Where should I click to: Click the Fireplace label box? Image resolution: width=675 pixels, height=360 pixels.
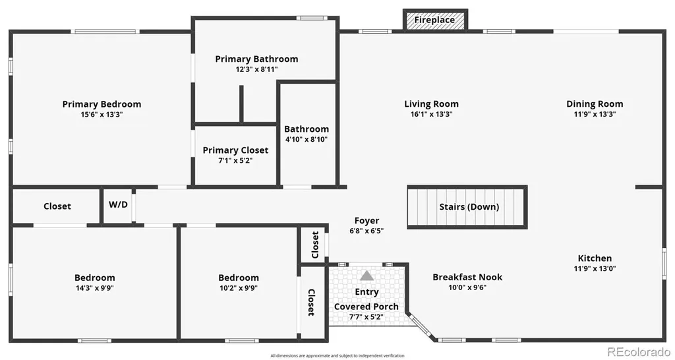tap(435, 20)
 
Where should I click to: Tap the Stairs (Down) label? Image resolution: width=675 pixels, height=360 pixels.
tap(469, 206)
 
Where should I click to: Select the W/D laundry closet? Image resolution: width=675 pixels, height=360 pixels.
tap(117, 206)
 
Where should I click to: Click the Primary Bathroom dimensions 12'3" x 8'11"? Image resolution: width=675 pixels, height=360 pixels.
tap(256, 69)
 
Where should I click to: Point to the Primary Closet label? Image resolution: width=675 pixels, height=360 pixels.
tap(235, 150)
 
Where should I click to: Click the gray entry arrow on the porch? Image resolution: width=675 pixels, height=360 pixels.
tap(367, 276)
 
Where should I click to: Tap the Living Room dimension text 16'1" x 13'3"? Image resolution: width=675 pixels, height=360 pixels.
tap(431, 114)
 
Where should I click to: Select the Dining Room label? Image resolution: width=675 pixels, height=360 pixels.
tap(595, 104)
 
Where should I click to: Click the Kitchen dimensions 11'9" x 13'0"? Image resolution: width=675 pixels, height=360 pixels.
tap(595, 269)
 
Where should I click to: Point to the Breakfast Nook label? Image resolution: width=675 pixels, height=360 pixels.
tap(467, 278)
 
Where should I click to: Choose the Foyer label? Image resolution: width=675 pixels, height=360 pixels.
tap(367, 222)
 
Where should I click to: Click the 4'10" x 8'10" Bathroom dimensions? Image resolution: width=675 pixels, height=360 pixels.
tap(307, 140)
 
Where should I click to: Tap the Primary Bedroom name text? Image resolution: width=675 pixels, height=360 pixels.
tap(102, 104)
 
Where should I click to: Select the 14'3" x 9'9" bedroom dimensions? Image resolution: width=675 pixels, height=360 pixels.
tap(95, 288)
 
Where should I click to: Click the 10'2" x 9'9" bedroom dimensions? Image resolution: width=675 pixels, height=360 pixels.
tap(239, 288)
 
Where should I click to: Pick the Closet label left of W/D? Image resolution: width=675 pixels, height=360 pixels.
tap(57, 206)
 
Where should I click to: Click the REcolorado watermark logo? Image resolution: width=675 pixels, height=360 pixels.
tap(639, 352)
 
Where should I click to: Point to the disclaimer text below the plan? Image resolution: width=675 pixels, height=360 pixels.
tap(337, 355)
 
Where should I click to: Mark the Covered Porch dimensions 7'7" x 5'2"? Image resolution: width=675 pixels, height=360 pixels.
tap(367, 317)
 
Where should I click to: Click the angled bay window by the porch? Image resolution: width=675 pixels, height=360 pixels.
tap(421, 326)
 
